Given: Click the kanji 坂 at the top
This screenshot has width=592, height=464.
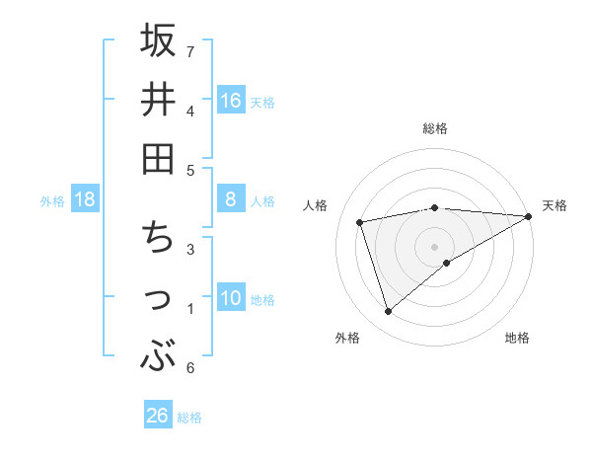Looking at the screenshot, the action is [158, 41].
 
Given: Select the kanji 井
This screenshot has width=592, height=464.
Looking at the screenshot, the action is [158, 100].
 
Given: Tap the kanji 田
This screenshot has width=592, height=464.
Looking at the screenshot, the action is [158, 158].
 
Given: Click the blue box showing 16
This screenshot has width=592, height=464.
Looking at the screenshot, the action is [231, 100].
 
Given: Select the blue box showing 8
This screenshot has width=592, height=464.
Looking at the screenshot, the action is [231, 199].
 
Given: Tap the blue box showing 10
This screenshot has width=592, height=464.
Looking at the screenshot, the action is [231, 298].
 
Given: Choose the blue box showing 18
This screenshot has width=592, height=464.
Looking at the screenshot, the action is [85, 199].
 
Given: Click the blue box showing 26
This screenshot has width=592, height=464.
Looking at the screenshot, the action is [158, 416].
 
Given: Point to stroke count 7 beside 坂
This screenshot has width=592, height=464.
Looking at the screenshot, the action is [190, 51].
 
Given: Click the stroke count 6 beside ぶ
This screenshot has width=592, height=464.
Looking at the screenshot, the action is [189, 368].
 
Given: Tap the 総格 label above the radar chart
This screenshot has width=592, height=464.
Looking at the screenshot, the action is [435, 128].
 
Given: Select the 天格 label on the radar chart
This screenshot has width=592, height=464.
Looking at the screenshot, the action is [555, 205].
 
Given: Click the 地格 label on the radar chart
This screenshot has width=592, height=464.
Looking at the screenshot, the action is [517, 338].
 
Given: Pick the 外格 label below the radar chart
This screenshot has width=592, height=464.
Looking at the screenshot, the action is [347, 338].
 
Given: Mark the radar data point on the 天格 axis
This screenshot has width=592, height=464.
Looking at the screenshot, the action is [529, 216].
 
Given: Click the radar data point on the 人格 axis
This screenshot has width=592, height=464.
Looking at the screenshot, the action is [360, 222].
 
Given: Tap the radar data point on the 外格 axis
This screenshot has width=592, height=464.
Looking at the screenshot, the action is [388, 312].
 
